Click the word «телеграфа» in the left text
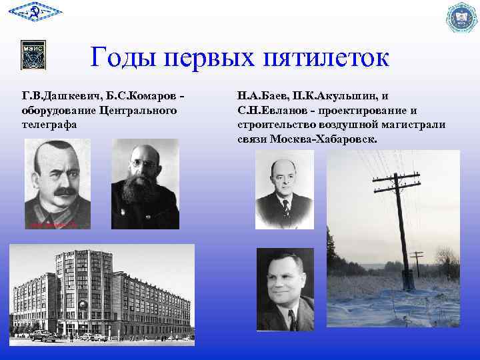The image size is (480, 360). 49,124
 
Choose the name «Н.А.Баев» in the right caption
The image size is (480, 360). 261,95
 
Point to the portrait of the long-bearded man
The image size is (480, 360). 145,184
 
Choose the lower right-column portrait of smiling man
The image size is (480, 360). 285,289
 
